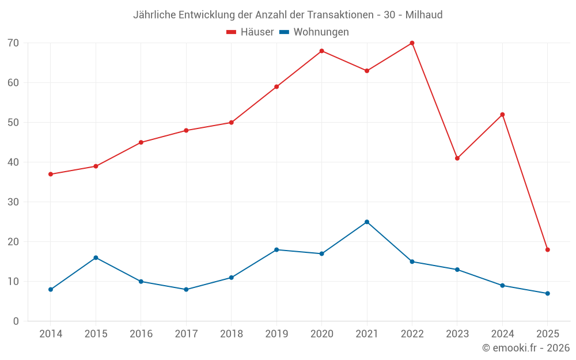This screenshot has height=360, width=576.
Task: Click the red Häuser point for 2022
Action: (x=412, y=43)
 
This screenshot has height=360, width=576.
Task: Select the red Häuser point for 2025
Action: (x=547, y=250)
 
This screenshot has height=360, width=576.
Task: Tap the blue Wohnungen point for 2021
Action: (x=367, y=222)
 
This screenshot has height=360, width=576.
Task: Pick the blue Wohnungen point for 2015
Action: (x=96, y=257)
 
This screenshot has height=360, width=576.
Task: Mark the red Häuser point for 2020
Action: (x=321, y=51)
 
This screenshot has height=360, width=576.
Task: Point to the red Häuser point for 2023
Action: (x=457, y=158)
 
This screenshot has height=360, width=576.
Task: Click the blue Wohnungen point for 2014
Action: (x=51, y=290)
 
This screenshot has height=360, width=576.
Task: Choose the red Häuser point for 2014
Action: (x=51, y=174)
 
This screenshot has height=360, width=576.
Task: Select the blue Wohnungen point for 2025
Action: (x=547, y=294)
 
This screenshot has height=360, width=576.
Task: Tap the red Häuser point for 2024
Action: (x=502, y=115)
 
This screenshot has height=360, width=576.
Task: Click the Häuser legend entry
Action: (x=250, y=32)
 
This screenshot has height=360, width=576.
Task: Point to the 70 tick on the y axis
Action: (x=13, y=43)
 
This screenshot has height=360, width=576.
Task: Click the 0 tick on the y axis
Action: (x=16, y=321)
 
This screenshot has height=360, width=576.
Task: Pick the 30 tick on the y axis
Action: (x=13, y=202)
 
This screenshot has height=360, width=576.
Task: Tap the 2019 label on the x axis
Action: (x=276, y=334)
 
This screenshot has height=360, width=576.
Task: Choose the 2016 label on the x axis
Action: (x=141, y=334)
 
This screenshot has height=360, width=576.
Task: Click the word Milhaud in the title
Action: (x=424, y=15)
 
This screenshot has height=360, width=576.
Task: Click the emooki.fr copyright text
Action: (x=526, y=348)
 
